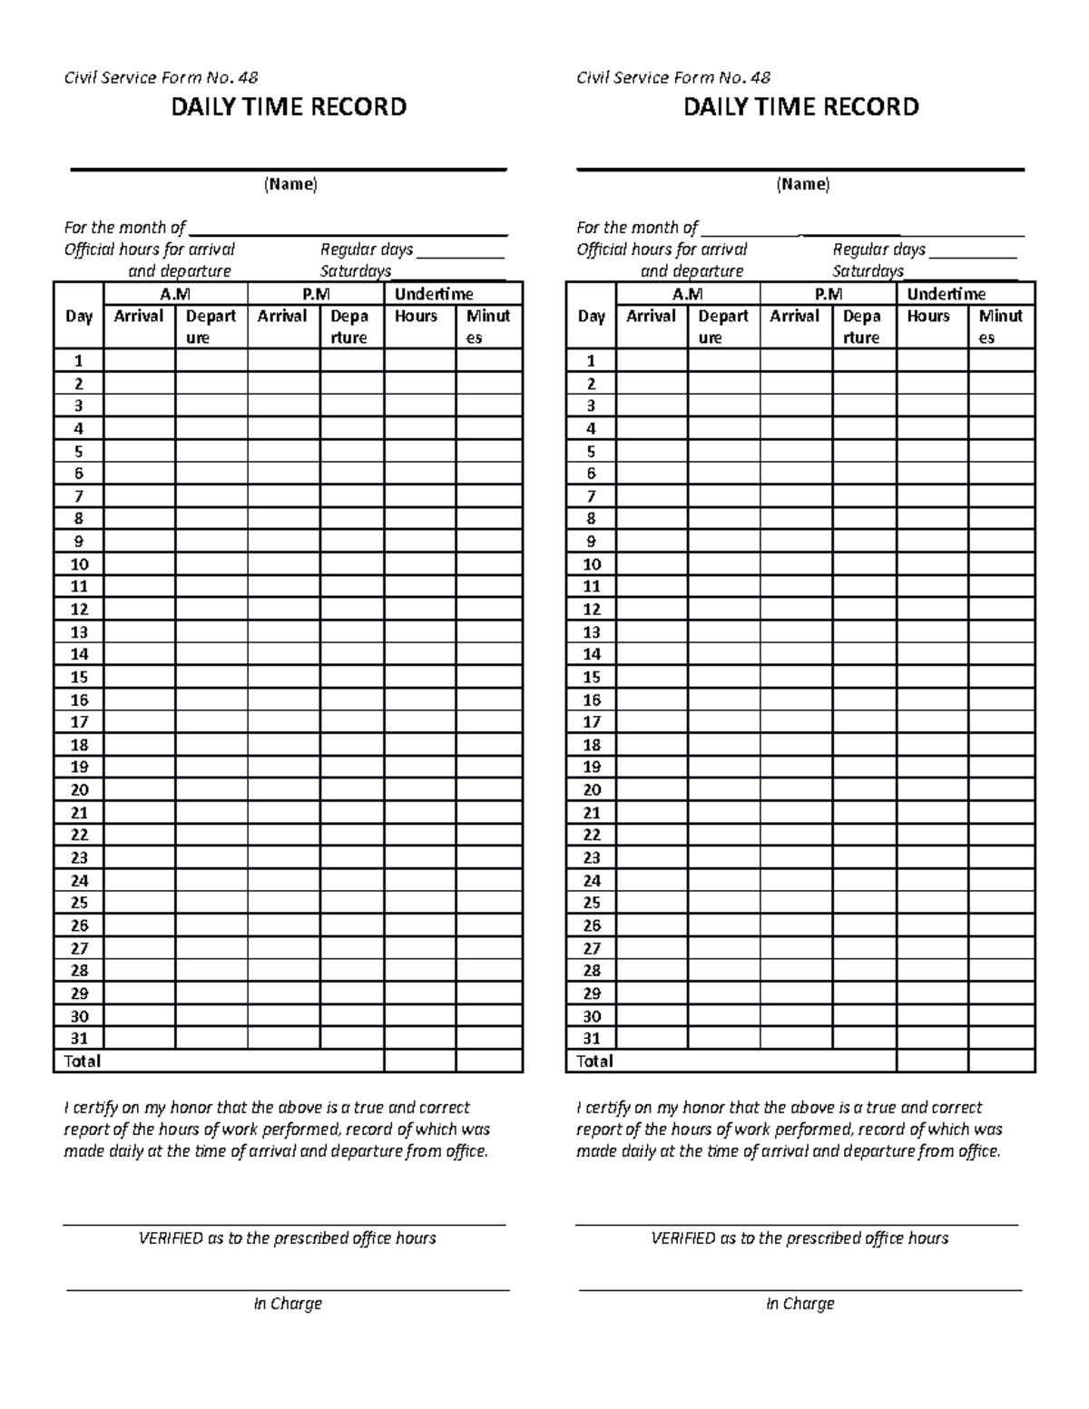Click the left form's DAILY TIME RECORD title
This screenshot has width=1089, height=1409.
(289, 107)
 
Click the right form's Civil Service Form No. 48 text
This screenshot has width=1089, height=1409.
(673, 78)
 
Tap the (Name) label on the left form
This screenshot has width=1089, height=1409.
(290, 184)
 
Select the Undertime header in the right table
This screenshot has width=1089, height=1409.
(947, 294)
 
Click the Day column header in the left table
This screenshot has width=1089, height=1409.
(79, 317)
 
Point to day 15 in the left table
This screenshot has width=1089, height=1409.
(79, 677)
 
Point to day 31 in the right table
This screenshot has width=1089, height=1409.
(592, 1039)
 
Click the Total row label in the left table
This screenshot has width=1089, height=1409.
(83, 1062)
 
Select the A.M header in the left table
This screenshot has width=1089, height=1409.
(175, 294)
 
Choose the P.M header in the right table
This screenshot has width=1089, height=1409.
(828, 294)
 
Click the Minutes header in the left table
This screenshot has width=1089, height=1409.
(488, 327)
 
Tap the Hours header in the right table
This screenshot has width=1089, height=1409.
(928, 317)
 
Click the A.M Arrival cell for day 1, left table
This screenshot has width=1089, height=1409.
(140, 360)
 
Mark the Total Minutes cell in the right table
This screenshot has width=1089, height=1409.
(1001, 1062)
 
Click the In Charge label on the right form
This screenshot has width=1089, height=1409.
(800, 1304)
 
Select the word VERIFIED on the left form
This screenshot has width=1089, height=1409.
(170, 1238)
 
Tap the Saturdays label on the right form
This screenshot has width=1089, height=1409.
(868, 271)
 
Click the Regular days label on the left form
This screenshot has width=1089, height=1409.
(367, 250)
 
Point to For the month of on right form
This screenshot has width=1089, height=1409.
(637, 228)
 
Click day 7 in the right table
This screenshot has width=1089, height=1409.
(592, 496)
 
